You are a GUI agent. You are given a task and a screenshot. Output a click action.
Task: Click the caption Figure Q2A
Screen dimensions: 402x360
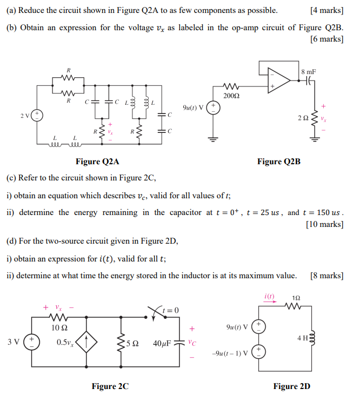(x=97, y=162)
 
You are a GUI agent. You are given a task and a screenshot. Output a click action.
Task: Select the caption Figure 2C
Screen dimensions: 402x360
(x=110, y=386)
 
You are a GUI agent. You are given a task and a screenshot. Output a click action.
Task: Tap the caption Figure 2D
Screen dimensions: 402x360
(x=291, y=386)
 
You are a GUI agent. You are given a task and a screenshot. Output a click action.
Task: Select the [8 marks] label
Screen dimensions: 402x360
(x=327, y=276)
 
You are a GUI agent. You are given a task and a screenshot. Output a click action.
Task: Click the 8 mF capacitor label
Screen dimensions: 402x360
(x=309, y=71)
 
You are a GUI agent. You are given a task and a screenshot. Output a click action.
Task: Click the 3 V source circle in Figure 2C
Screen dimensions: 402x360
(x=31, y=342)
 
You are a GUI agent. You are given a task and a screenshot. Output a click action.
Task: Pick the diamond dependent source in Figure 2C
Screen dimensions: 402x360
(x=89, y=342)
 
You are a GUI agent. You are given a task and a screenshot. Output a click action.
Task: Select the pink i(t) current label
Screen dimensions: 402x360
(x=269, y=296)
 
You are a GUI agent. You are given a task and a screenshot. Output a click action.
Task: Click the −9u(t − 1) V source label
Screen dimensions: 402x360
(x=230, y=354)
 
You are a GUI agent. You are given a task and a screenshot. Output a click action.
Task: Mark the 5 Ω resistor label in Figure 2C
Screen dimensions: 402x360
(x=132, y=343)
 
